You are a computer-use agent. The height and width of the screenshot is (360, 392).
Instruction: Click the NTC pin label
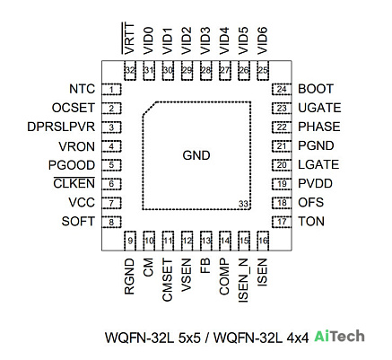(x=82, y=89)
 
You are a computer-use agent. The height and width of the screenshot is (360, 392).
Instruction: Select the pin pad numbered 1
(x=111, y=89)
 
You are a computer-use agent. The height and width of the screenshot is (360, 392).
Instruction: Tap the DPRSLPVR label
(x=61, y=127)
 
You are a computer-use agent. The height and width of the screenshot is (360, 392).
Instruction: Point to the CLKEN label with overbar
(x=74, y=183)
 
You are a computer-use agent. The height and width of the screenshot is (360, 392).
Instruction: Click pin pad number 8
(x=111, y=222)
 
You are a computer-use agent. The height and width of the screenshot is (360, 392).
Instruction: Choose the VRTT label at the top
(x=129, y=39)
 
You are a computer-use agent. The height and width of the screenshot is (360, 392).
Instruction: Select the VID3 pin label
(x=205, y=41)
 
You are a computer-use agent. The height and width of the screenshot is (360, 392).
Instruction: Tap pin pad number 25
(x=263, y=71)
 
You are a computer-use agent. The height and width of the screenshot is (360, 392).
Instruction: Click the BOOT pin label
(x=316, y=89)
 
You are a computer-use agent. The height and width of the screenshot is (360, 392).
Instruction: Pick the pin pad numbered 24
(x=282, y=89)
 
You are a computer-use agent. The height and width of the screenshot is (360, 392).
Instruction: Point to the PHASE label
(x=319, y=127)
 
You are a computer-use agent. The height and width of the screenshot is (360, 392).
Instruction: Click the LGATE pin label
(x=318, y=164)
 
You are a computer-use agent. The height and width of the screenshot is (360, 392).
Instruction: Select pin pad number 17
(x=282, y=222)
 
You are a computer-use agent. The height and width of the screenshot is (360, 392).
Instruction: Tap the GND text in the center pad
(x=196, y=155)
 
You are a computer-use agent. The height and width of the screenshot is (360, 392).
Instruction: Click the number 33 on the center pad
(x=243, y=204)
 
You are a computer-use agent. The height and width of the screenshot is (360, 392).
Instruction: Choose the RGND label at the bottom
(x=129, y=277)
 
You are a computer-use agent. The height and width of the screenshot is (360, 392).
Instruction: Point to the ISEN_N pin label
(x=243, y=280)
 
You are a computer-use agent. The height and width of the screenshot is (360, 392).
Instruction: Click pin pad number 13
(x=205, y=241)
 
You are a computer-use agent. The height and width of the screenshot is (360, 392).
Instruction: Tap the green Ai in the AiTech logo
(x=323, y=337)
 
